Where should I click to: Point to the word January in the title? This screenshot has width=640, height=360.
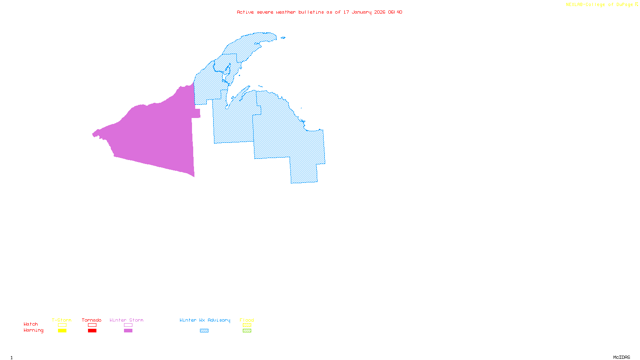pyautogui.click(x=362, y=12)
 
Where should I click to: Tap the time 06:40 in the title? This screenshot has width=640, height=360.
pyautogui.click(x=395, y=12)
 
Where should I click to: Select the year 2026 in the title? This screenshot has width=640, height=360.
pyautogui.click(x=380, y=12)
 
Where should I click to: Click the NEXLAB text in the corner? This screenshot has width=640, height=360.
pyautogui.click(x=574, y=5)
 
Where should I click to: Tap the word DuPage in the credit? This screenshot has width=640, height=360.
pyautogui.click(x=624, y=5)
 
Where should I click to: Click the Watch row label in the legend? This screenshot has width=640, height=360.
pyautogui.click(x=31, y=324)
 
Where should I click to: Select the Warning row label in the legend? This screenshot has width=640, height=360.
pyautogui.click(x=34, y=330)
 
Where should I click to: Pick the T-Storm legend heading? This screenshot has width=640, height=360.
pyautogui.click(x=62, y=320)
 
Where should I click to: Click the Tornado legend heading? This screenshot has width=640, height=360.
pyautogui.click(x=92, y=320)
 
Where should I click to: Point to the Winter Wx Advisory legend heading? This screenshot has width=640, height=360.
pyautogui.click(x=205, y=320)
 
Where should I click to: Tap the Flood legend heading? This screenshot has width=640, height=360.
pyautogui.click(x=247, y=320)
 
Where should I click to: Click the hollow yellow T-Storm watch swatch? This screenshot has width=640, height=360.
pyautogui.click(x=62, y=325)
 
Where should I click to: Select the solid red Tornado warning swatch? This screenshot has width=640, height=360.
pyautogui.click(x=92, y=331)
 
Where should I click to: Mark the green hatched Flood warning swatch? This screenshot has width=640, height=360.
pyautogui.click(x=247, y=331)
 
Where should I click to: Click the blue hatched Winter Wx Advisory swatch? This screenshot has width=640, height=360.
pyautogui.click(x=204, y=331)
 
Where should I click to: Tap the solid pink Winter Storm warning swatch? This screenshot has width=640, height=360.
pyautogui.click(x=128, y=331)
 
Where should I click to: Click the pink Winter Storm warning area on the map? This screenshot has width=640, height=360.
pyautogui.click(x=160, y=136)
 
